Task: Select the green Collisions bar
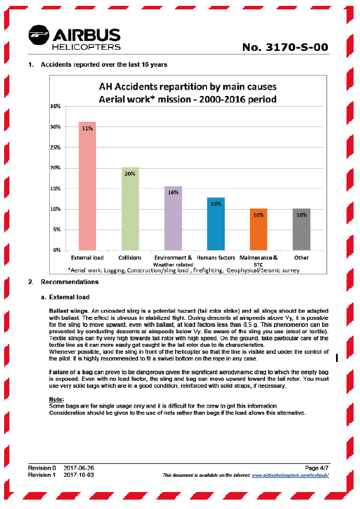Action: pyautogui.click(x=130, y=209)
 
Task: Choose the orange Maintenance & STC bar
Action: pyautogui.click(x=258, y=229)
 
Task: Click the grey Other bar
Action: pyautogui.click(x=301, y=229)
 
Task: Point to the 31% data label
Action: pyautogui.click(x=87, y=129)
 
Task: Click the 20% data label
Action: pyautogui.click(x=130, y=173)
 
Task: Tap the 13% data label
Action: pyautogui.click(x=215, y=204)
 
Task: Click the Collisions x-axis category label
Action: pyautogui.click(x=130, y=257)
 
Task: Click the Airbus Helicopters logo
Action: pyautogui.click(x=74, y=39)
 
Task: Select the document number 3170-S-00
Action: pyautogui.click(x=286, y=47)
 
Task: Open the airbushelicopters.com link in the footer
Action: pyautogui.click(x=290, y=475)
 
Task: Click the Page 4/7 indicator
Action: pyautogui.click(x=317, y=467)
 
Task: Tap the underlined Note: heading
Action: pyautogui.click(x=57, y=399)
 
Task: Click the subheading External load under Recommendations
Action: pyautogui.click(x=69, y=298)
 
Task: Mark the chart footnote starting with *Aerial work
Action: pyautogui.click(x=183, y=270)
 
